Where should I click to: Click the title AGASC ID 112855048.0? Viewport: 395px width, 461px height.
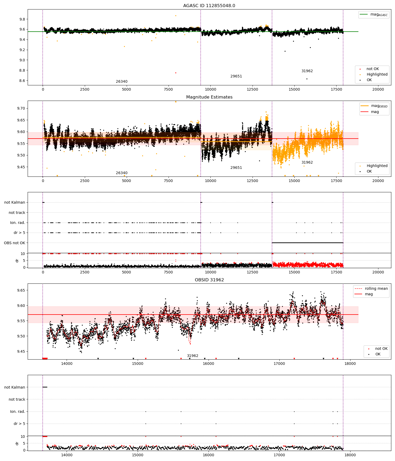coord(209,6)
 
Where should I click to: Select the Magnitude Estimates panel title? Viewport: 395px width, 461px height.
coord(209,97)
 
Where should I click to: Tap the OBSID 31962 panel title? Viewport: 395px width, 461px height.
coord(209,280)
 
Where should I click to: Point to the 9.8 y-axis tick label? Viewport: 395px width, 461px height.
coord(22,19)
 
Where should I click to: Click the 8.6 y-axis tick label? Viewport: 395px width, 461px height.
coord(22,81)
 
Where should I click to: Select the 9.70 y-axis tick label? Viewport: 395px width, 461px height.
coord(21,108)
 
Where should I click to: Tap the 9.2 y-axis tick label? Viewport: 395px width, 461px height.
coord(22,50)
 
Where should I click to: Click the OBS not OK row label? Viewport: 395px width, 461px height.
coord(14,243)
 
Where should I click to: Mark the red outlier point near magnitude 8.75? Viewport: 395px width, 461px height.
coord(176,73)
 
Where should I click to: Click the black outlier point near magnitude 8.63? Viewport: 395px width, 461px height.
coord(307,79)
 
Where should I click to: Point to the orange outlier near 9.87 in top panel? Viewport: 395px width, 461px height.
coord(176,16)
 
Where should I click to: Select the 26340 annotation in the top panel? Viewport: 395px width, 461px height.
coord(121,82)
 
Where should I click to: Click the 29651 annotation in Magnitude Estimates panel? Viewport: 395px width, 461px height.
coord(236,168)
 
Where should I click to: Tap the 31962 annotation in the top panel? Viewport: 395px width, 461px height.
coord(307,71)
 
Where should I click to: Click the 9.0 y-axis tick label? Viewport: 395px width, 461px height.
coord(22,60)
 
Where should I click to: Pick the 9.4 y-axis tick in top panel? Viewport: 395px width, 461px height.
coord(22,40)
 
